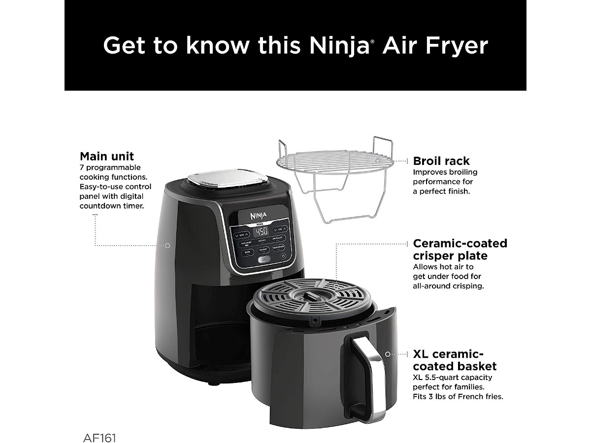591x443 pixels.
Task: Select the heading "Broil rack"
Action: (441, 161)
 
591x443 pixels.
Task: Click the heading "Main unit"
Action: (107, 156)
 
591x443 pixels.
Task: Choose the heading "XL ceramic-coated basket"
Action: (455, 360)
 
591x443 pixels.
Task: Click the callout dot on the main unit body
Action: (168, 245)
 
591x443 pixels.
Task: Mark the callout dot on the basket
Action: (388, 353)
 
